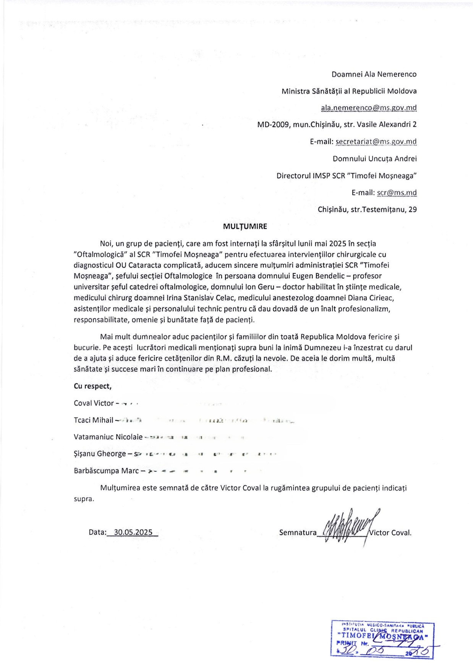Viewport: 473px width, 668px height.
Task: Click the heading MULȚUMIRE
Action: click(x=245, y=226)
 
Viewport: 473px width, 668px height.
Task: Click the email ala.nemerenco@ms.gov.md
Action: click(x=369, y=108)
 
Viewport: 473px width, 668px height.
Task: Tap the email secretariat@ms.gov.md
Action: click(x=376, y=142)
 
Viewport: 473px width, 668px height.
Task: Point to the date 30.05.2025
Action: click(x=131, y=532)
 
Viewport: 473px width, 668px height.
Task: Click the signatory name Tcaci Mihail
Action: click(x=94, y=420)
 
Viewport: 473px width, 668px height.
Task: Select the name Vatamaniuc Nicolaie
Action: click(x=108, y=437)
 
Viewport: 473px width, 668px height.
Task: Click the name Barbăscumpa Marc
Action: click(x=106, y=471)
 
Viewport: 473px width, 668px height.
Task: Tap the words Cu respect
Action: click(x=92, y=386)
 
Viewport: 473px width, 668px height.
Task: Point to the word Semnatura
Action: click(x=298, y=532)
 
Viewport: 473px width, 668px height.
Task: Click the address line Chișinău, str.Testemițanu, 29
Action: click(x=367, y=209)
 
